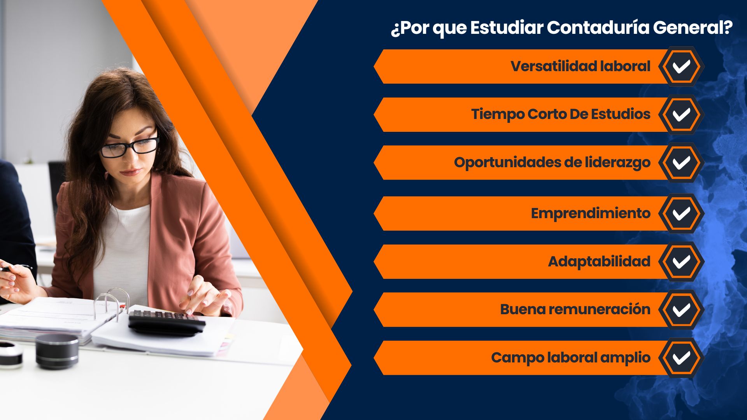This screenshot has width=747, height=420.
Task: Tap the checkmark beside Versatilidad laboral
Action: pos(681,66)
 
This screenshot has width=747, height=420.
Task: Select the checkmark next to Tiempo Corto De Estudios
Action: pos(681,115)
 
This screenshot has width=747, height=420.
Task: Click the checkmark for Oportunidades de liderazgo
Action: pos(681,163)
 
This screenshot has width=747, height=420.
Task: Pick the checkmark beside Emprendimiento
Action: pos(681,213)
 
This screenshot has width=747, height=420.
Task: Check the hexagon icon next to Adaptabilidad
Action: pos(681,262)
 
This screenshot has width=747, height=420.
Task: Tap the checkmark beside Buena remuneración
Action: pos(681,310)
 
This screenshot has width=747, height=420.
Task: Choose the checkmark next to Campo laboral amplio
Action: pos(681,358)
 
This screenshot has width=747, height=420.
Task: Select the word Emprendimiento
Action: pos(591,213)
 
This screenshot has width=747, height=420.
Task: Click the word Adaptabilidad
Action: pos(599,261)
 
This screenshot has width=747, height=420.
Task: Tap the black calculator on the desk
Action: pos(167,322)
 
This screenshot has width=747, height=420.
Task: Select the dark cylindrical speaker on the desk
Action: pos(57,351)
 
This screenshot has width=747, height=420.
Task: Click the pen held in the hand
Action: pos(16,268)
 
